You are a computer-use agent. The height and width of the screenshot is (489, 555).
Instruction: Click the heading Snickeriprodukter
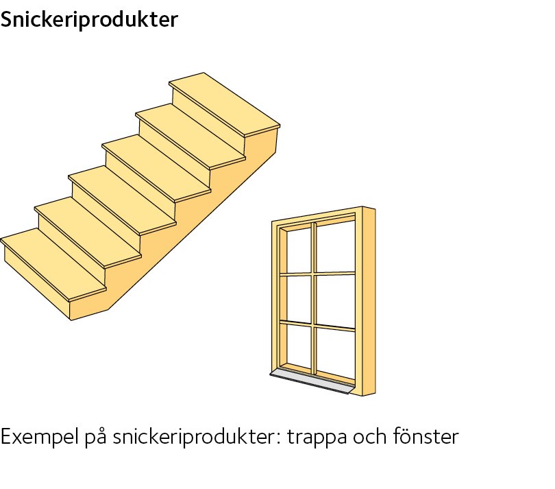[89, 19]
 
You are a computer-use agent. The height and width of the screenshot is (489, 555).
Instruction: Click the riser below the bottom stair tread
[37, 283]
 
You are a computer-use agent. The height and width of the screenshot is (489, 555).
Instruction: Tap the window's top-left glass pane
[299, 250]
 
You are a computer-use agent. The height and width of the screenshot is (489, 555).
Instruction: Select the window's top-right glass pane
[336, 247]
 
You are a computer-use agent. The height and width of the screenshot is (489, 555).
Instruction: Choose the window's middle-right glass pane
[336, 301]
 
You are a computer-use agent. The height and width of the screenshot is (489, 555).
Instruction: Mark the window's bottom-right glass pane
[336, 353]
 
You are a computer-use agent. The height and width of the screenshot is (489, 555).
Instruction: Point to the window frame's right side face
[369, 301]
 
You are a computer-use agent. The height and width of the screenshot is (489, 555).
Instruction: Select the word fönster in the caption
[425, 436]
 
